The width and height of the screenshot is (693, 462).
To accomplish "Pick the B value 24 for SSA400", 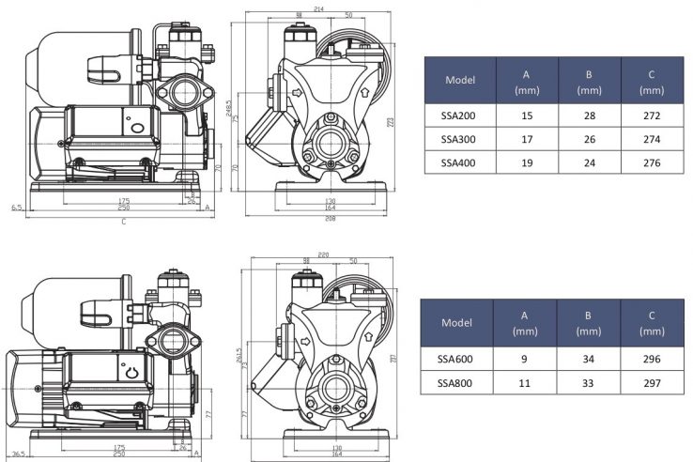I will tap(589, 162).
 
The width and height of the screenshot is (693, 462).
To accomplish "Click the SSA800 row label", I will tap(457, 383).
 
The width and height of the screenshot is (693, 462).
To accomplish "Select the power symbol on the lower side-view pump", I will tap(132, 371).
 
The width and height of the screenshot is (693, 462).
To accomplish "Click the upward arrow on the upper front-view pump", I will tap(362, 92).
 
